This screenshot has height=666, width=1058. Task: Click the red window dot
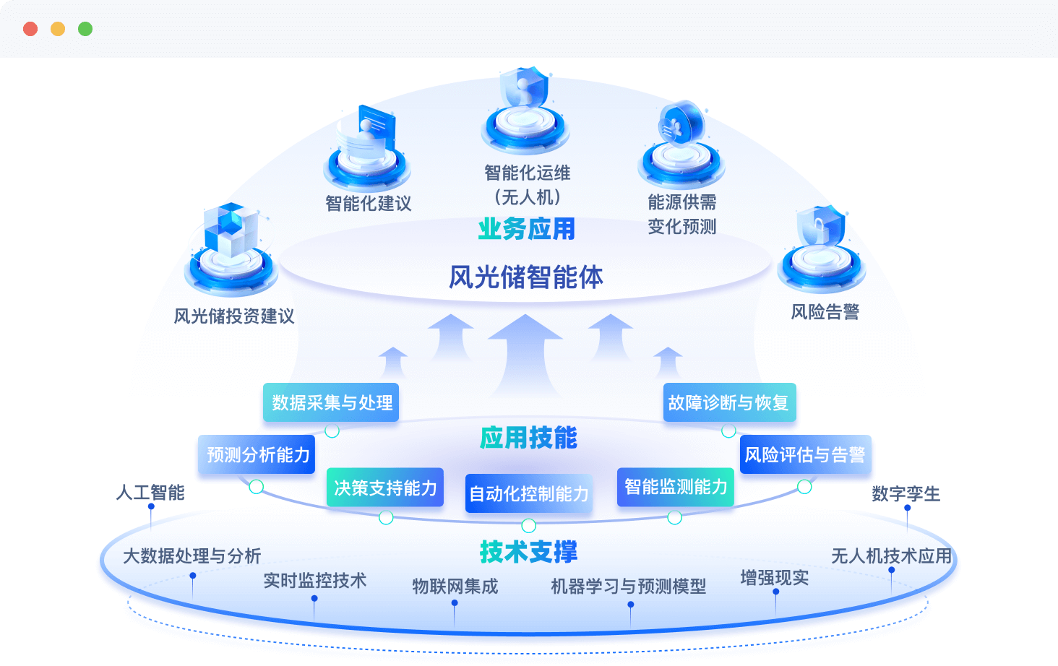(30, 29)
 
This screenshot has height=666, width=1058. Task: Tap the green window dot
(85, 29)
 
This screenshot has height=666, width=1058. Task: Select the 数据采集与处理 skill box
(332, 402)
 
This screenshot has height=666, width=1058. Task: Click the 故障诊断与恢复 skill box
(728, 402)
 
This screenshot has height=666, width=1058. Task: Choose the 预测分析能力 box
(257, 454)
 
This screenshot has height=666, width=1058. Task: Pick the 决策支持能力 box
(385, 488)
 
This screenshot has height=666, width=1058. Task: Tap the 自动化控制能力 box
(528, 493)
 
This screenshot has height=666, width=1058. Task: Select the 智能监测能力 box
(676, 487)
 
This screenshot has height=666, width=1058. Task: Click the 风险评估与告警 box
(805, 454)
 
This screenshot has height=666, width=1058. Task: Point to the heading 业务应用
(527, 229)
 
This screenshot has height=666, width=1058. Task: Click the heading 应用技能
(528, 438)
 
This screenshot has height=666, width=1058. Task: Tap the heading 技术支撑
(528, 552)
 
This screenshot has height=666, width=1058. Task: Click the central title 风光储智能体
(526, 277)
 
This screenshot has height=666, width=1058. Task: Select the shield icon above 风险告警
(821, 228)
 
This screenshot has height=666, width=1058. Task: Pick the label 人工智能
(150, 493)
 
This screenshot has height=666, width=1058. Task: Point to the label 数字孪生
(906, 494)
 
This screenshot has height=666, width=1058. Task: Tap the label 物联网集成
(455, 586)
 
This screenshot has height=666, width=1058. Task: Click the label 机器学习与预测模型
(628, 586)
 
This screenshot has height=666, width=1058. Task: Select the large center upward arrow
(525, 354)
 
